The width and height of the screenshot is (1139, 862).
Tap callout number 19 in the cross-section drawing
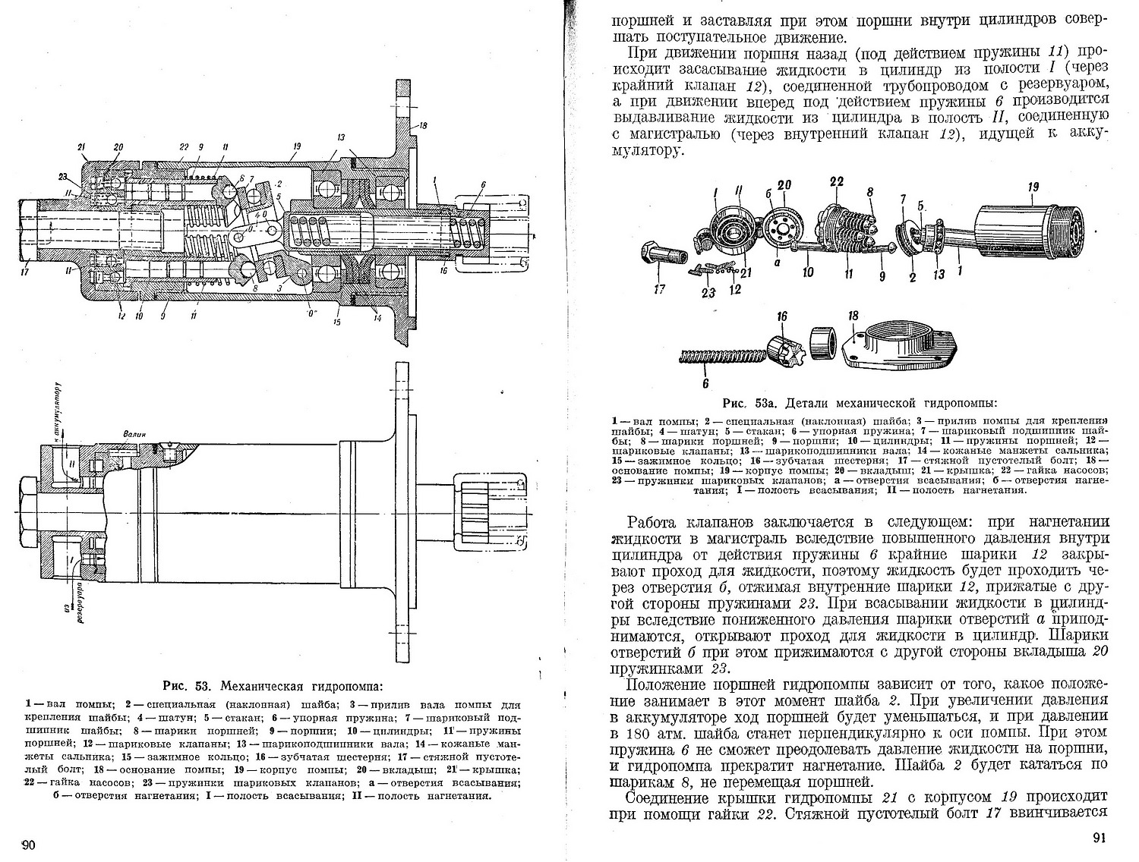(295, 146)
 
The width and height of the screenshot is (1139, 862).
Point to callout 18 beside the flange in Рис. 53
(422, 125)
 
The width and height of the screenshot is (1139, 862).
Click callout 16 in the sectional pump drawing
(443, 270)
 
